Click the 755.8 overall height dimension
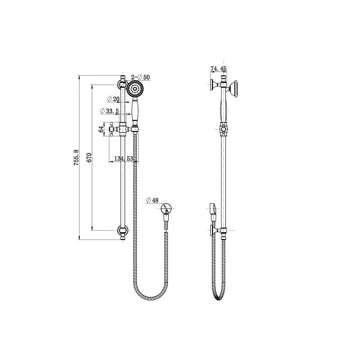pyautogui.click(x=76, y=157)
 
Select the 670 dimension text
pyautogui.click(x=89, y=157)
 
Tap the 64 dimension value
pyautogui.click(x=101, y=130)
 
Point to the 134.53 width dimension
pyautogui.click(x=123, y=158)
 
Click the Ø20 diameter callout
pyautogui.click(x=113, y=99)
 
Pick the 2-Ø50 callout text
pyautogui.click(x=140, y=77)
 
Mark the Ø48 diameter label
pyautogui.click(x=153, y=201)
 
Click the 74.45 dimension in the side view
pyautogui.click(x=219, y=69)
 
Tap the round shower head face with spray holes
pyautogui.click(x=135, y=90)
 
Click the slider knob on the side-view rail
pyautogui.click(x=223, y=130)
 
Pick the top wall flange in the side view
pyautogui.click(x=213, y=85)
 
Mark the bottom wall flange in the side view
pyautogui.click(x=213, y=231)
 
